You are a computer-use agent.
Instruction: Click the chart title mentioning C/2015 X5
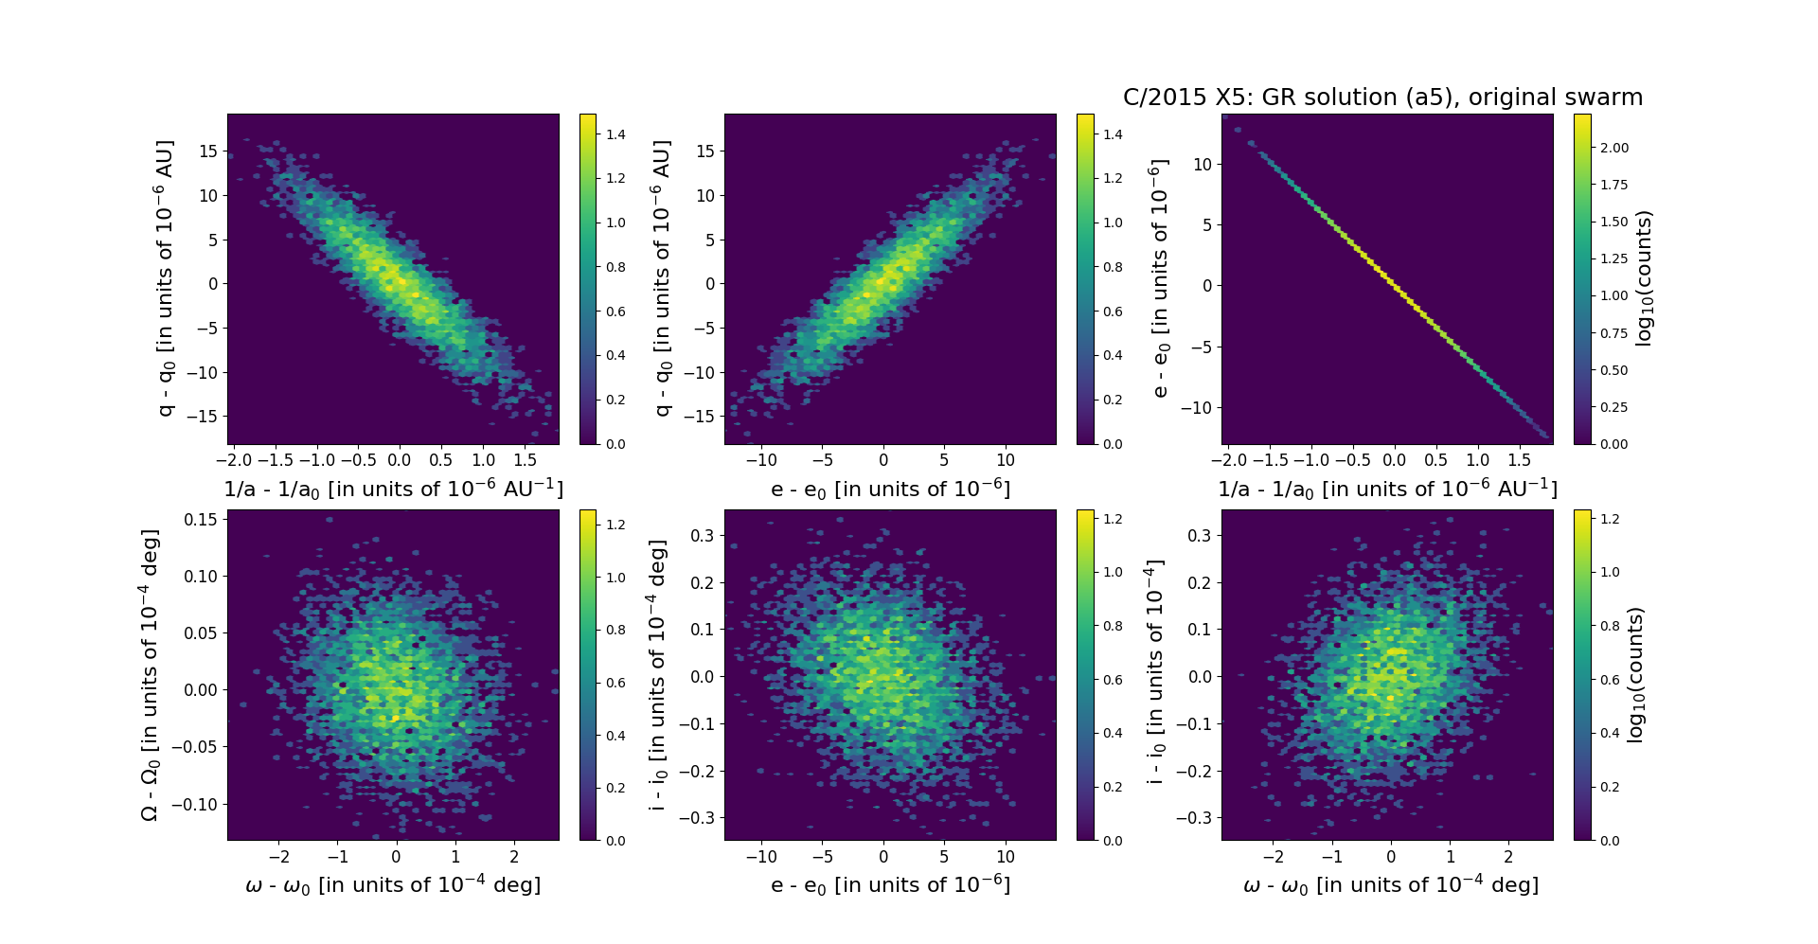[1382, 98]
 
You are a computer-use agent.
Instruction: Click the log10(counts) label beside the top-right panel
[1644, 278]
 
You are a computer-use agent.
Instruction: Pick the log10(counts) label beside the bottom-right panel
[1635, 674]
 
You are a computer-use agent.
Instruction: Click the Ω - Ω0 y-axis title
[151, 674]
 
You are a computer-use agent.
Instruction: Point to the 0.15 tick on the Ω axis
[201, 519]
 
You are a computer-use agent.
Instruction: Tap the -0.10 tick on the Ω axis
[195, 804]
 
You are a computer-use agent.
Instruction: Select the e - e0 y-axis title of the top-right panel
[1160, 278]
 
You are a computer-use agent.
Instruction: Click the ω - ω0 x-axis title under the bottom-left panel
[393, 885]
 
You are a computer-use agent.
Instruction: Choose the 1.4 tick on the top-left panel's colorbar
[615, 134]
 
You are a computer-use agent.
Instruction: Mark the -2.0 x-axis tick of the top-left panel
[234, 460]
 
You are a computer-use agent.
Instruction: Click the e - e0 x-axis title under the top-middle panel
[890, 490]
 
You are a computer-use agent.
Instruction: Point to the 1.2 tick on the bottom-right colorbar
[1610, 519]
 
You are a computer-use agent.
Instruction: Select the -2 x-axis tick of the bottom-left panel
[278, 857]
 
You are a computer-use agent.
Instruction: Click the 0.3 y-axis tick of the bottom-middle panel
[702, 535]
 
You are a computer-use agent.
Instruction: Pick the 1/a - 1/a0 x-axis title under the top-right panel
[1387, 490]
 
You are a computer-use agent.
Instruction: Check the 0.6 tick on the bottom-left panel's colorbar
[615, 683]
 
